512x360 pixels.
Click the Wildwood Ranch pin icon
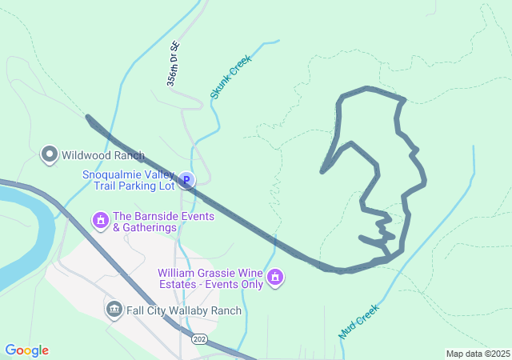pyautogui.click(x=50, y=154)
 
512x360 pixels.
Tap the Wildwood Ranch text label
pyautogui.click(x=103, y=155)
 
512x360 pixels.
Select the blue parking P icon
pyautogui.click(x=186, y=181)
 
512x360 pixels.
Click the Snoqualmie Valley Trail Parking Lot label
pyautogui.click(x=128, y=181)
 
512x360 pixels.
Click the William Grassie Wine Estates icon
pyautogui.click(x=275, y=277)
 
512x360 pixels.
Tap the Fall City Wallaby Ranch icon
pyautogui.click(x=114, y=309)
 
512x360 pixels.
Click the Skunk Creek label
pyautogui.click(x=231, y=77)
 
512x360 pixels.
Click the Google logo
pyautogui.click(x=26, y=350)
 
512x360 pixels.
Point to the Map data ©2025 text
pyautogui.click(x=478, y=354)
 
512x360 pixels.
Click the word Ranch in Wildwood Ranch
pyautogui.click(x=128, y=155)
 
